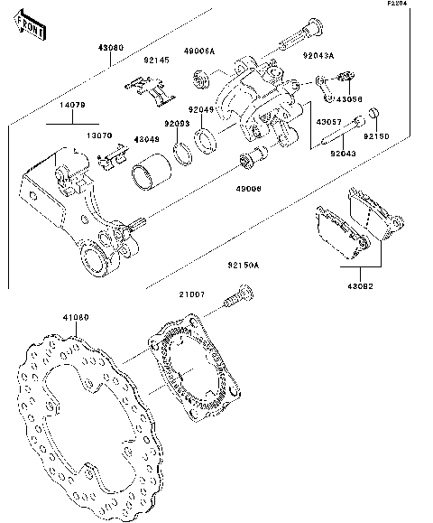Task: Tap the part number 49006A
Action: [199, 52]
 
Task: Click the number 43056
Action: [351, 98]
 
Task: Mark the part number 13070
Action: [99, 135]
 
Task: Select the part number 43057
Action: [328, 120]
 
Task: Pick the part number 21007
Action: [190, 294]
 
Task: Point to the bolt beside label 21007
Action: [241, 295]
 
